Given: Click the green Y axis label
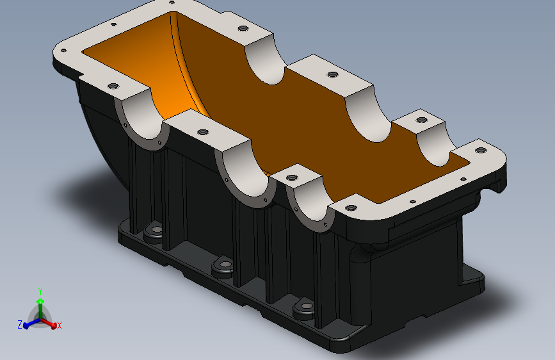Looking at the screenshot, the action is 40,291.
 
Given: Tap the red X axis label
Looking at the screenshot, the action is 59,325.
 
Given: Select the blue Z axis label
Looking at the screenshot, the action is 20,324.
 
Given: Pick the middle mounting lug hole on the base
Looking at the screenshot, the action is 225,265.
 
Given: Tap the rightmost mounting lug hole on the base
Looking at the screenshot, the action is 307,306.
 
